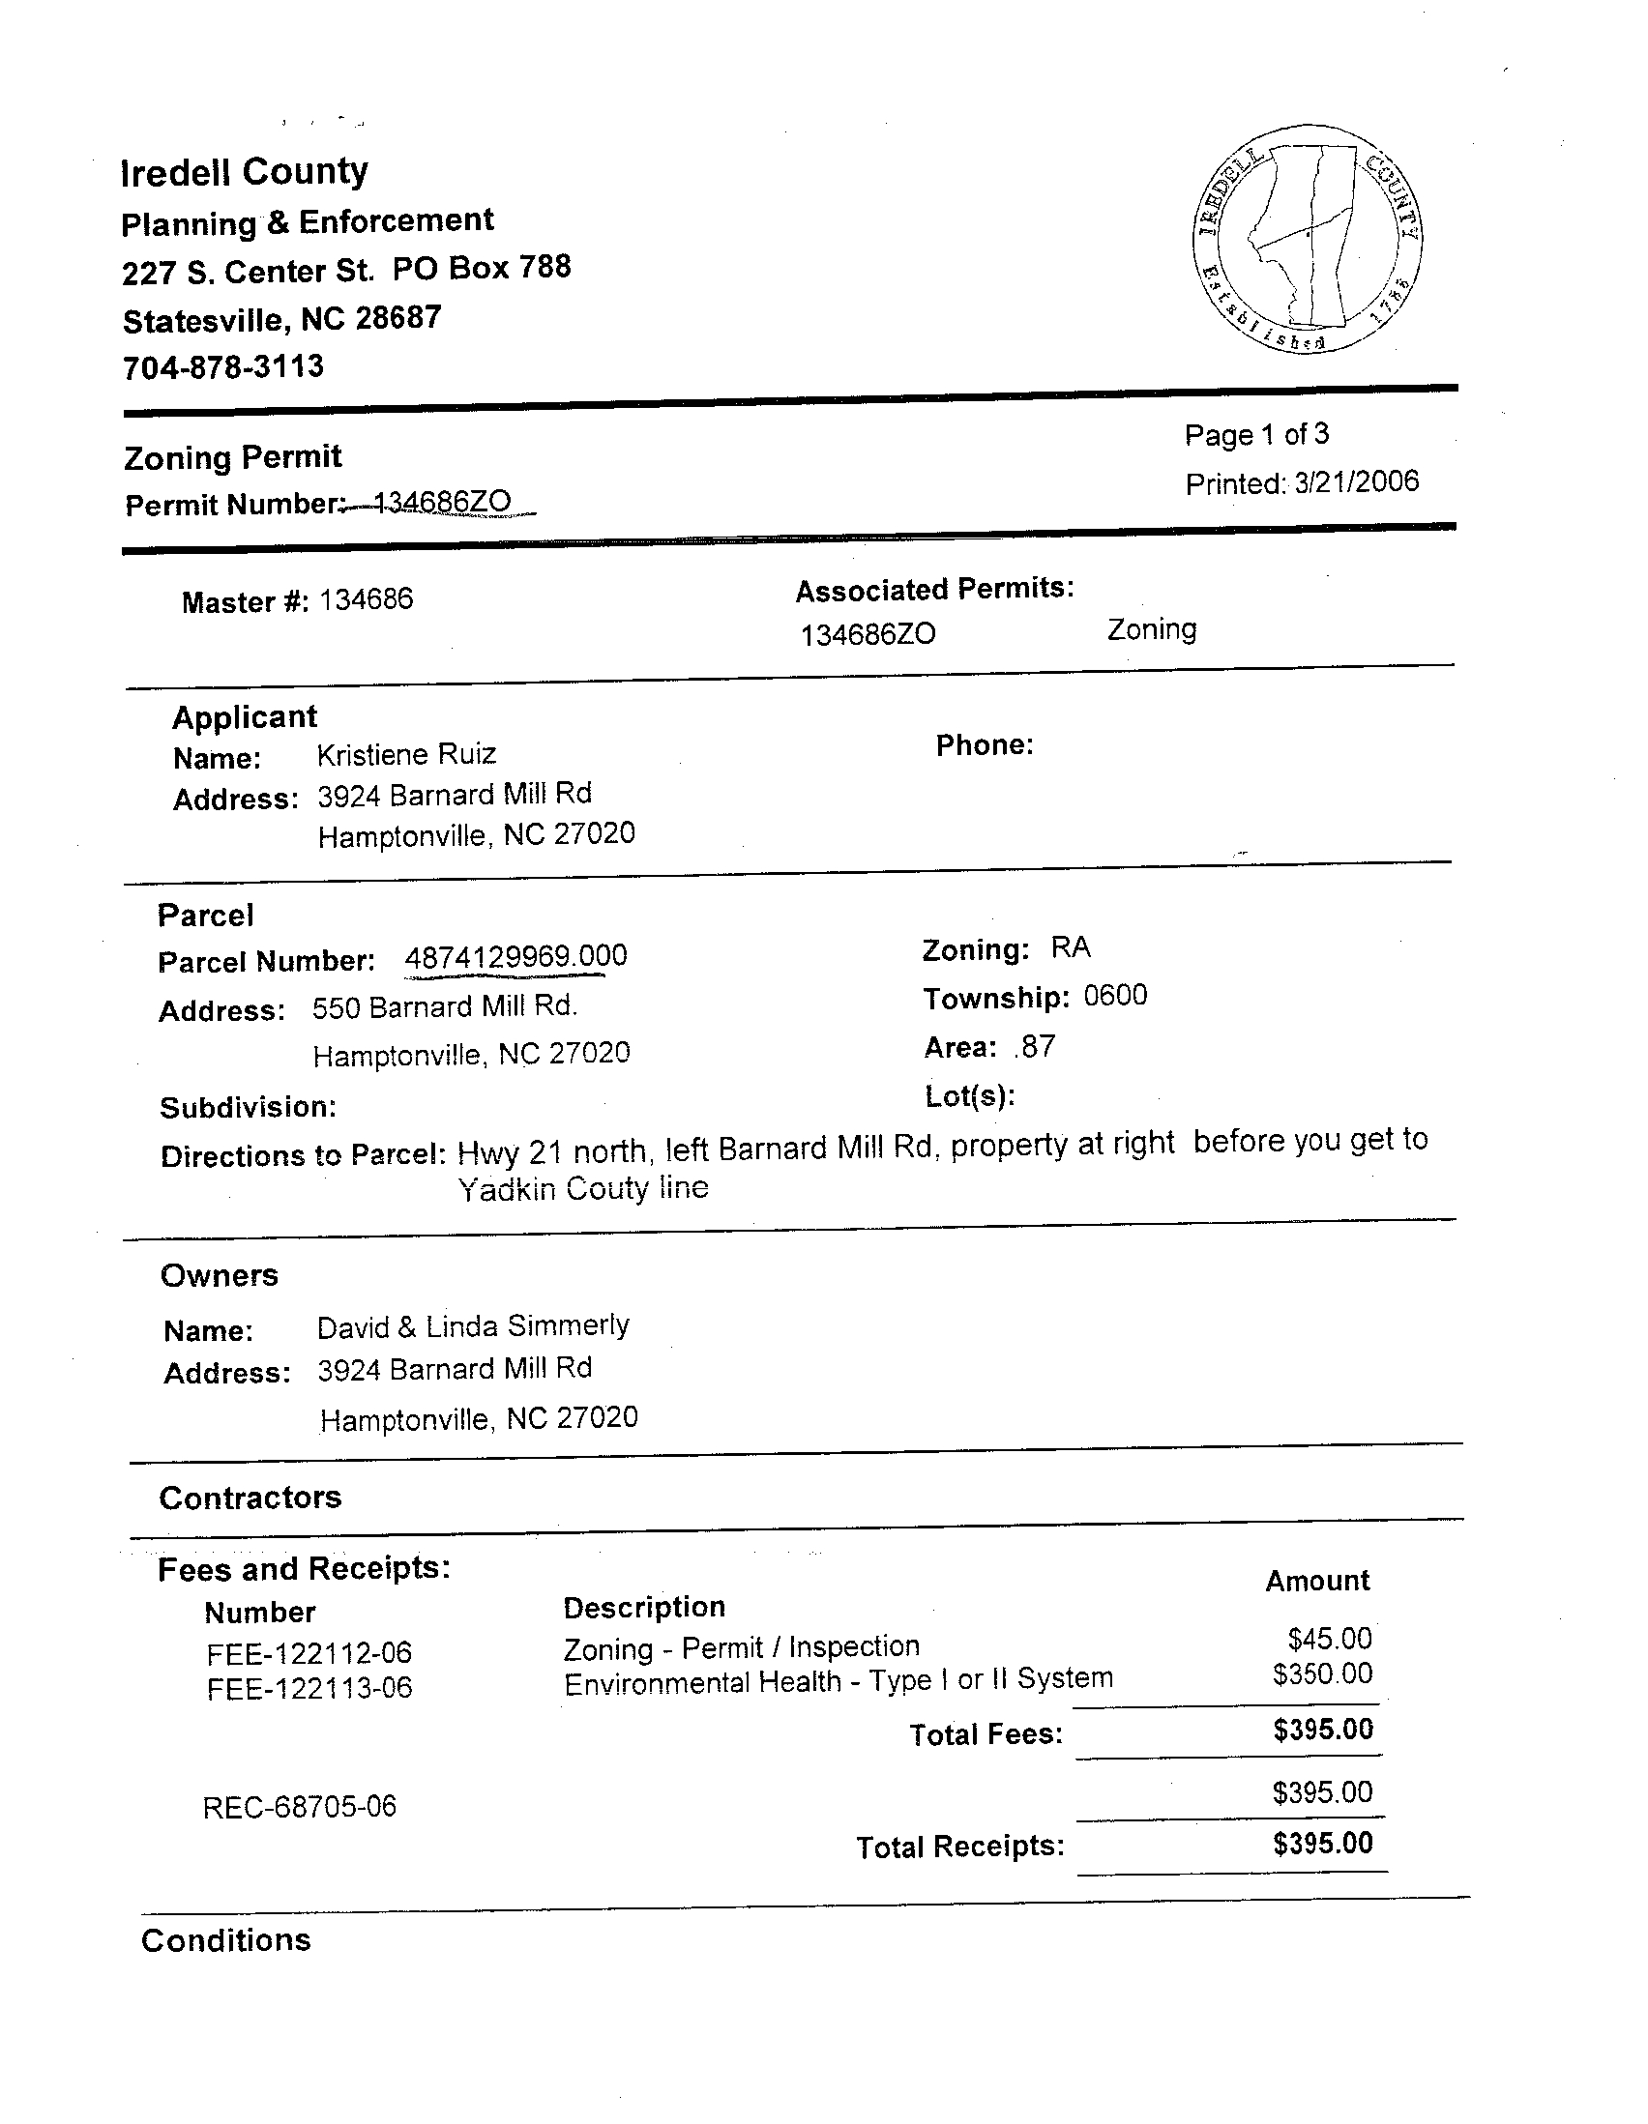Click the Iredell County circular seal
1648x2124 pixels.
pos(1307,238)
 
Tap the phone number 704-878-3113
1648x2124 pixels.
pos(222,367)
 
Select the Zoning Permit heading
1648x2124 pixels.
pos(232,457)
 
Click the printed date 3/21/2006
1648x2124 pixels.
pos(1356,481)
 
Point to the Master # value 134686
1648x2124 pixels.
pos(366,599)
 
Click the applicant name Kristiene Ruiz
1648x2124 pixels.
pos(406,755)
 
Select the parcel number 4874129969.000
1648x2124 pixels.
pos(515,957)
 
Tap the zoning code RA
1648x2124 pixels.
pos(1070,947)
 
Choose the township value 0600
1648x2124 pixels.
pos(1115,996)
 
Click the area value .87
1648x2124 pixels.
pos(1034,1046)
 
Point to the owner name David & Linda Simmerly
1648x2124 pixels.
pos(473,1326)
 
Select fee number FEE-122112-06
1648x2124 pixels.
pos(309,1653)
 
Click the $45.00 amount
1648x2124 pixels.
pos(1329,1639)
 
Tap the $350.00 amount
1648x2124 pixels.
pos(1322,1673)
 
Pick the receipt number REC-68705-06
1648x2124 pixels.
pos(300,1807)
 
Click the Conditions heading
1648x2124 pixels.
pos(225,1940)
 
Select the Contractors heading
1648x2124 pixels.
pos(250,1498)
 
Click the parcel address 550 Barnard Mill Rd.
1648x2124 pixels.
pos(445,1006)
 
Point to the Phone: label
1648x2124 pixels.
pos(984,746)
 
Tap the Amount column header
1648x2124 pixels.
pos(1317,1582)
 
